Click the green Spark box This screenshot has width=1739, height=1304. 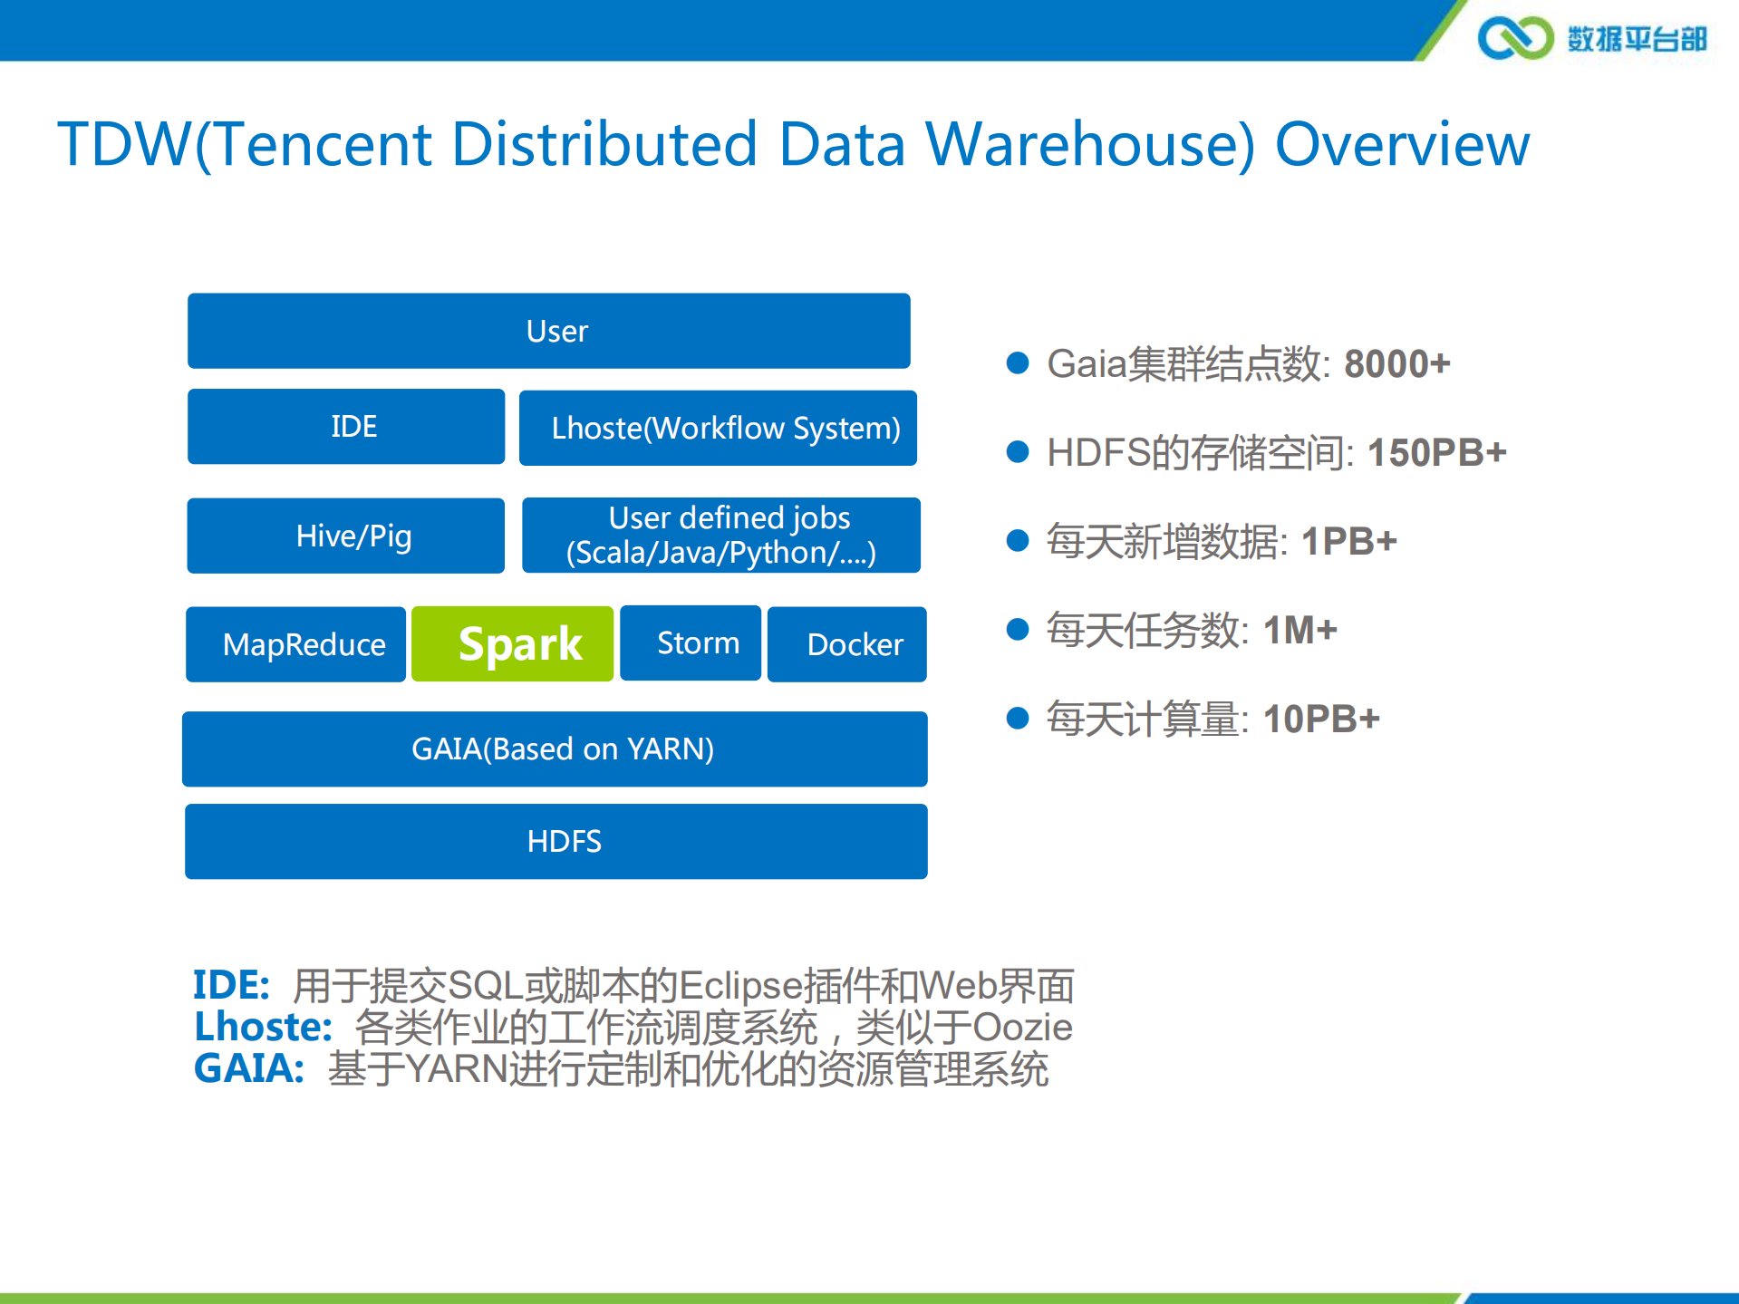(512, 644)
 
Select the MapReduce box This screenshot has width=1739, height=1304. (295, 644)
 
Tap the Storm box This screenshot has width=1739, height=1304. (691, 643)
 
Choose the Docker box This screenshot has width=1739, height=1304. (847, 644)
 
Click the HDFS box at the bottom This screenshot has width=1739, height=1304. (556, 841)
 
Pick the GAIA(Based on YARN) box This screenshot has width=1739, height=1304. (555, 749)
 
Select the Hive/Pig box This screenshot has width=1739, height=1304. (346, 536)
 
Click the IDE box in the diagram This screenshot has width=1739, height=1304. (346, 427)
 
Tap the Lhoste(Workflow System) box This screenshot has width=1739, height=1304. (718, 428)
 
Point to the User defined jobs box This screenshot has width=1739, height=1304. (721, 536)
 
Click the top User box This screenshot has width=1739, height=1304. (549, 331)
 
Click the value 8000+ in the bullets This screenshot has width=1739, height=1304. (1396, 364)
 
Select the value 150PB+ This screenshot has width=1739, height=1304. (1436, 453)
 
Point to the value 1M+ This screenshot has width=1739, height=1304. (1299, 631)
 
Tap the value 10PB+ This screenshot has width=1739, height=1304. (1321, 720)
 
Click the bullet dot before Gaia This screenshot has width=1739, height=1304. (1018, 363)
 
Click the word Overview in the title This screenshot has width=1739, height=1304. (1402, 145)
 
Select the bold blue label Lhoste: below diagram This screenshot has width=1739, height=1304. (263, 1028)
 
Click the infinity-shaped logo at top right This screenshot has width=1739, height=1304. (1515, 38)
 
